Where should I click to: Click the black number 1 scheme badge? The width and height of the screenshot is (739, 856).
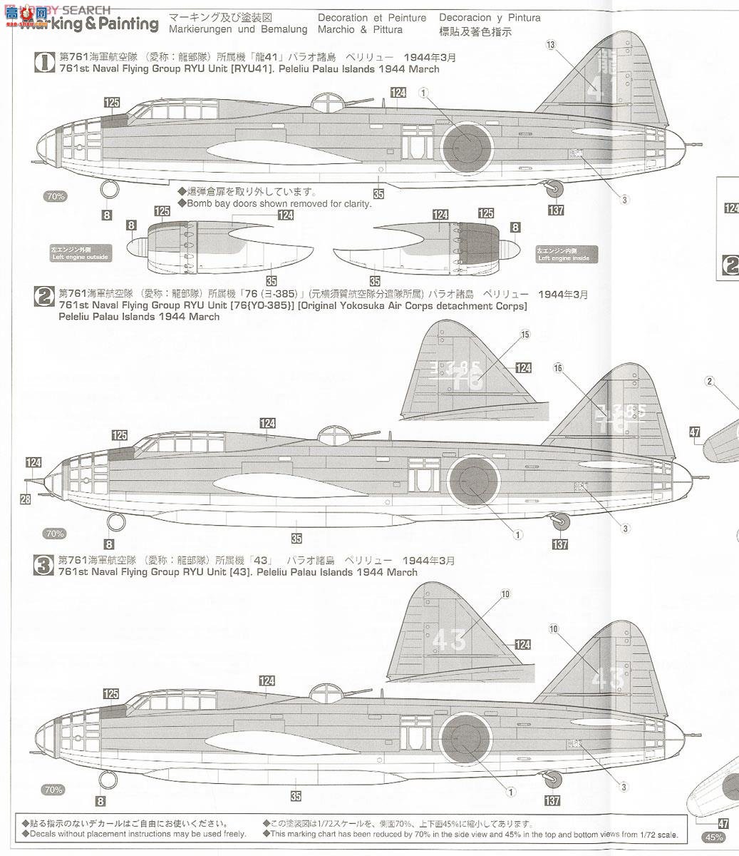(x=44, y=63)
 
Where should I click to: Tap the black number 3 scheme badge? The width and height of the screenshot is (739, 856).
(x=44, y=566)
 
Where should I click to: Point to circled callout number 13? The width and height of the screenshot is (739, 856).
(x=550, y=45)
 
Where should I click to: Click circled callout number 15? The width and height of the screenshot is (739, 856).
(x=525, y=334)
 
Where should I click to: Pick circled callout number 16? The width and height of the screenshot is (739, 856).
(x=557, y=368)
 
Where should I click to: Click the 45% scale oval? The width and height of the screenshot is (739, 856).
(x=714, y=837)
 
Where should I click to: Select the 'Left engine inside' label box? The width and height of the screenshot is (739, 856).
(x=567, y=253)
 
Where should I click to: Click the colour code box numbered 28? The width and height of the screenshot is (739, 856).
(x=25, y=499)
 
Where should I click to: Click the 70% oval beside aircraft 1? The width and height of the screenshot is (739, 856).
(x=55, y=196)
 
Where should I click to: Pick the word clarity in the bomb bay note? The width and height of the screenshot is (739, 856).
(x=355, y=203)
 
